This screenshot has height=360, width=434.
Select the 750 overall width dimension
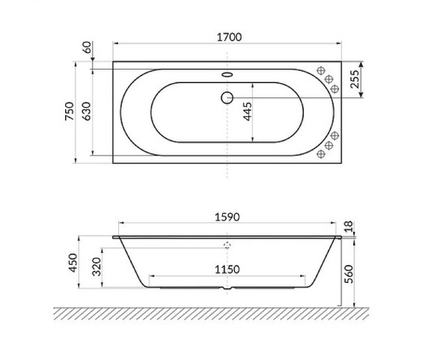[x=68, y=112]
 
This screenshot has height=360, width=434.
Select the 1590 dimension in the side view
[x=227, y=219]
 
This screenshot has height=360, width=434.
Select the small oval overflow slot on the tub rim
[x=227, y=75]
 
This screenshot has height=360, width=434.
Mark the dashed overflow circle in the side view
[x=227, y=244]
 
